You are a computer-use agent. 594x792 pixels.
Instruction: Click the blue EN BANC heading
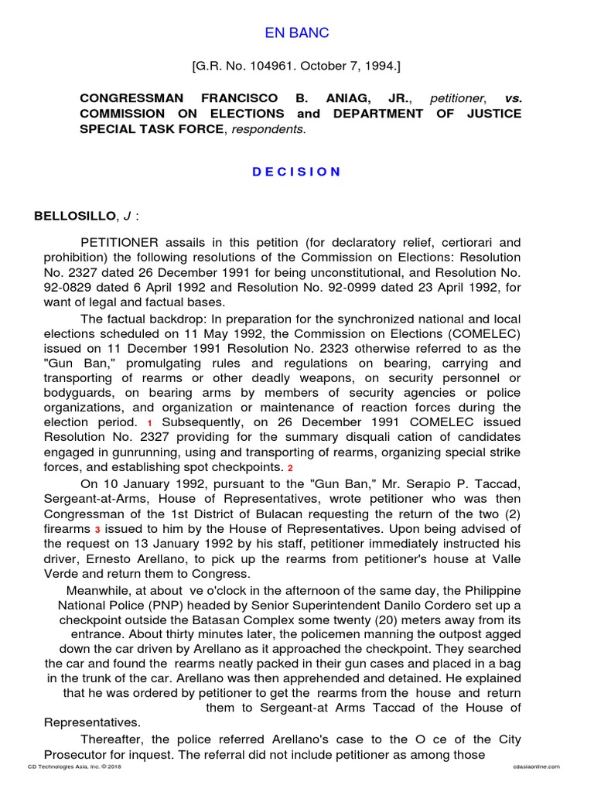[297, 32]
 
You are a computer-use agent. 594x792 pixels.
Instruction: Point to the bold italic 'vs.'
[513, 99]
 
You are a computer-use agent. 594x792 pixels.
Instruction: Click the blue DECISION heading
[297, 172]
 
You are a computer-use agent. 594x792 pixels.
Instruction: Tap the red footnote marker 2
[291, 467]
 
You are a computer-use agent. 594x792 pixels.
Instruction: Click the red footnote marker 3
[98, 528]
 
